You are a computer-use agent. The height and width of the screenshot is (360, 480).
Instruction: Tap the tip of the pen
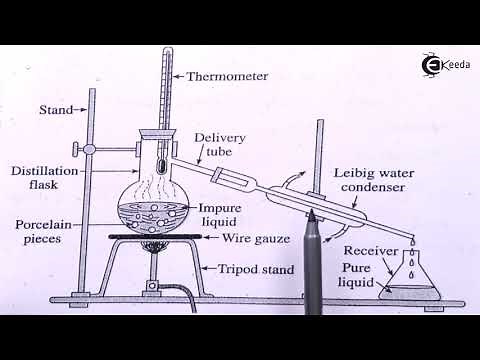[x=311, y=214]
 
